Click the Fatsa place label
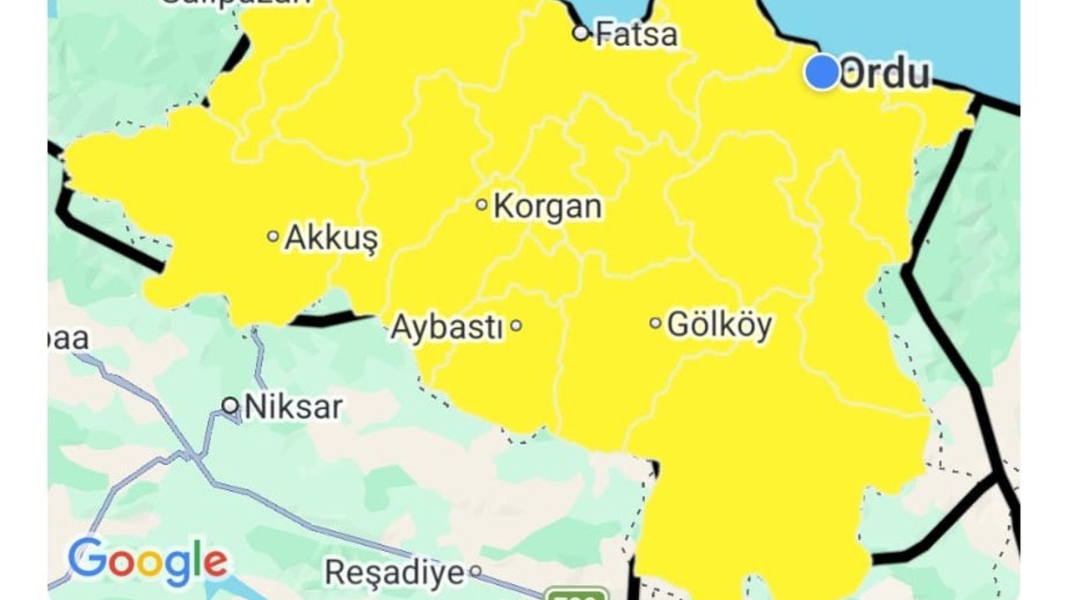(637, 34)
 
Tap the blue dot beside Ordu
(822, 72)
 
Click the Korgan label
(547, 206)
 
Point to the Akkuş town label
(331, 237)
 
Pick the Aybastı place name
(447, 327)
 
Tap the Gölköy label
(720, 324)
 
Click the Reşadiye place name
(395, 572)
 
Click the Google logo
(148, 562)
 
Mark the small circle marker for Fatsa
(581, 33)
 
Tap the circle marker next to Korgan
(481, 204)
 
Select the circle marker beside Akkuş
(273, 236)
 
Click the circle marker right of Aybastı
(516, 325)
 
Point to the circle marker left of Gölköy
(655, 322)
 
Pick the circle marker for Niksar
(230, 406)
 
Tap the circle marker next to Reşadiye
(475, 572)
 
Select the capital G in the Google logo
(87, 558)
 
